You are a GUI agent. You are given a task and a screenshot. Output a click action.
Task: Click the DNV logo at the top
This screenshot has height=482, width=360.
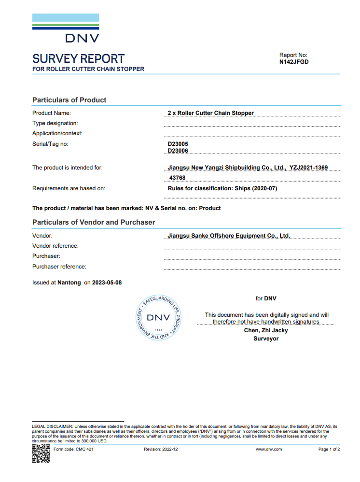(x=66, y=29)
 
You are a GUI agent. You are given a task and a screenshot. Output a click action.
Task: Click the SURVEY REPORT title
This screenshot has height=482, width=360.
(x=78, y=59)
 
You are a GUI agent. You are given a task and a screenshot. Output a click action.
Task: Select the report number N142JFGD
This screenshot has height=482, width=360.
(x=294, y=62)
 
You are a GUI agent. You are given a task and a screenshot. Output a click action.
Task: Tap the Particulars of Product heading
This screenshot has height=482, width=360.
(x=69, y=100)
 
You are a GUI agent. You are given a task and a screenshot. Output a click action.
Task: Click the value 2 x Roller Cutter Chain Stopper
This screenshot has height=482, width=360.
(x=210, y=113)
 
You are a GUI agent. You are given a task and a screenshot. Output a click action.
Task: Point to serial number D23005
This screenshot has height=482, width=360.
(x=178, y=144)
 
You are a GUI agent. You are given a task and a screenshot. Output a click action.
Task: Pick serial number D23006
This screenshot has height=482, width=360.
(x=178, y=151)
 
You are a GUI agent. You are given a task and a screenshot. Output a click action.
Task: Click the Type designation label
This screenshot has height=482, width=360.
(x=55, y=123)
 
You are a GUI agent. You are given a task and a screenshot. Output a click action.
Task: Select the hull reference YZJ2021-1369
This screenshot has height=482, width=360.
(x=308, y=168)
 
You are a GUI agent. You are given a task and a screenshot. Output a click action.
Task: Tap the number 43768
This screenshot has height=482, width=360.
(x=178, y=178)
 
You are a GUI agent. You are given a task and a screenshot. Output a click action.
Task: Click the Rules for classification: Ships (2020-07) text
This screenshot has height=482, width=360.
(x=222, y=188)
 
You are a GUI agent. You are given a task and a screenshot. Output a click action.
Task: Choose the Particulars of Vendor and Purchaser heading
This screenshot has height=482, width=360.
(x=94, y=222)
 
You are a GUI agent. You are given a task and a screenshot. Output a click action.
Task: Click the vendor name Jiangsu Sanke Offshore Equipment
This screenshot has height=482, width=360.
(x=229, y=236)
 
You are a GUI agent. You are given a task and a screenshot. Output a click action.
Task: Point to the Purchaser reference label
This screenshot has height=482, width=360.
(x=59, y=267)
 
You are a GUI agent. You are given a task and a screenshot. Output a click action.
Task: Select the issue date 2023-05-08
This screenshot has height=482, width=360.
(x=107, y=283)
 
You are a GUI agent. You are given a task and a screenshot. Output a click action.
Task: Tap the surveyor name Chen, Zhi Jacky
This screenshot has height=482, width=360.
(x=266, y=330)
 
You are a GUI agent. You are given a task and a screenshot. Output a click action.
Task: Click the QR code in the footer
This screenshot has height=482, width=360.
(x=41, y=454)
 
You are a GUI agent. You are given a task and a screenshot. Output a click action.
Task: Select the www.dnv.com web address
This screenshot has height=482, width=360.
(x=269, y=449)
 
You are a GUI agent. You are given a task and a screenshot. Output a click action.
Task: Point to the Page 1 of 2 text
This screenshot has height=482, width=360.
(x=329, y=449)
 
